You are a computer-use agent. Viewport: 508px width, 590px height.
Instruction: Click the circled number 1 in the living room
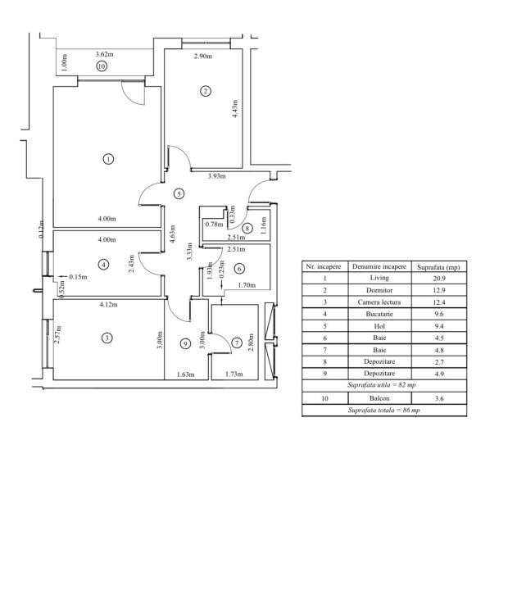tap(108, 159)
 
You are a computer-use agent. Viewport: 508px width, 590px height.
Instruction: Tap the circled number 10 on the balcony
tap(102, 66)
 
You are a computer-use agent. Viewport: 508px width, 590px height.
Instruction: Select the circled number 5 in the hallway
tap(179, 193)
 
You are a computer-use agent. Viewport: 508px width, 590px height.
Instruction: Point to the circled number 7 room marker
tap(237, 343)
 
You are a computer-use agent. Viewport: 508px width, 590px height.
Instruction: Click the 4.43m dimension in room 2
tap(235, 109)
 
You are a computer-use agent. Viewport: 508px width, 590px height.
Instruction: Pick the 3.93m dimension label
tap(217, 175)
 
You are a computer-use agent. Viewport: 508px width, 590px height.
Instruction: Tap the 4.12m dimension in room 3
tap(108, 304)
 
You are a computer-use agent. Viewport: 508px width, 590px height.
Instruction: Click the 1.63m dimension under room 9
tap(186, 374)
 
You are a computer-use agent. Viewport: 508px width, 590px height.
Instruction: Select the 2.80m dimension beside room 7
tap(251, 343)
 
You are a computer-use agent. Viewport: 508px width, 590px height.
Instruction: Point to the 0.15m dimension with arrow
tap(73, 277)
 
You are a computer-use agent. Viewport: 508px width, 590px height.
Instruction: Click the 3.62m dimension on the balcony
tap(104, 54)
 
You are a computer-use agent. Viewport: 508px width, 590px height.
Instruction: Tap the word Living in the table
tap(379, 278)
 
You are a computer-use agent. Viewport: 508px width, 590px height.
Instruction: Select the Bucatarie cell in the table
tap(379, 314)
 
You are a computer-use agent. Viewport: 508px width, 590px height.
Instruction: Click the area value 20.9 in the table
tap(439, 279)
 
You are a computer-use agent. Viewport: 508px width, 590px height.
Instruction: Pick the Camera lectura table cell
tap(379, 302)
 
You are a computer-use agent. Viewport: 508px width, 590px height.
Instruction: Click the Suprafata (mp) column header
tap(438, 267)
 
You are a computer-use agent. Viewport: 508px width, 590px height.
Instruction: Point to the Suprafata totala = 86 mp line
tap(383, 411)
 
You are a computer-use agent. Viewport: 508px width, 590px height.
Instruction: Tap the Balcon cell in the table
tap(379, 398)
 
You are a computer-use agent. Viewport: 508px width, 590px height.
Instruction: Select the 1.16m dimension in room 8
tap(264, 225)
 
